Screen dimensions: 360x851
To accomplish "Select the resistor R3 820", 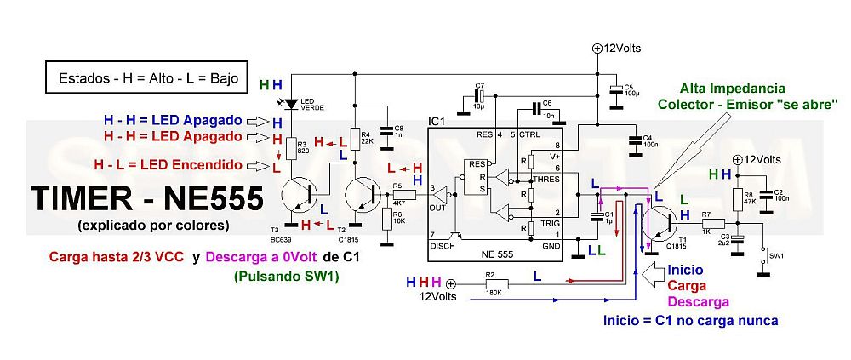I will click(292, 146).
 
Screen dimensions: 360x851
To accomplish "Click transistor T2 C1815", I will click(361, 193).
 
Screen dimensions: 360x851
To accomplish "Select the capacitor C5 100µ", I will click(615, 89).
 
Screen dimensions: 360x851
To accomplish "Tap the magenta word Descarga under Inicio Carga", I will click(697, 302).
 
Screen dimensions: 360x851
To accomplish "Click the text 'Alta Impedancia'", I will click(732, 89).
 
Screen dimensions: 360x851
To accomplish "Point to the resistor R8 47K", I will click(738, 197).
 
